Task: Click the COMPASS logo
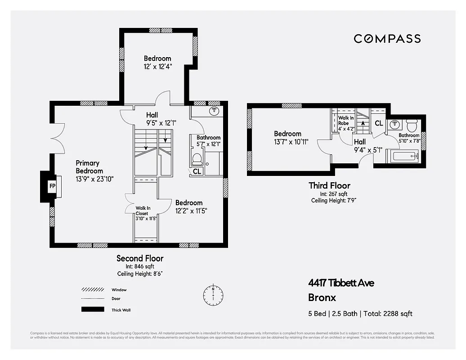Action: click(387, 39)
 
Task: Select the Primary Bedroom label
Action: click(89, 167)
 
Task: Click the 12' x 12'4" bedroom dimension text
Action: click(157, 67)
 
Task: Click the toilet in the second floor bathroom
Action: click(197, 159)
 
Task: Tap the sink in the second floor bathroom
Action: click(215, 111)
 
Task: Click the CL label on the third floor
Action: click(379, 123)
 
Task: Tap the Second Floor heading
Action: click(140, 258)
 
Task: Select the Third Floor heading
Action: click(329, 185)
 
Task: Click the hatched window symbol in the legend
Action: click(90, 290)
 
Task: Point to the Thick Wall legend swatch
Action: click(90, 310)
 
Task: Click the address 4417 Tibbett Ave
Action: click(341, 283)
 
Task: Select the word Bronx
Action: click(322, 297)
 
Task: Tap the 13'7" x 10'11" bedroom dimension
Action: click(291, 141)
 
